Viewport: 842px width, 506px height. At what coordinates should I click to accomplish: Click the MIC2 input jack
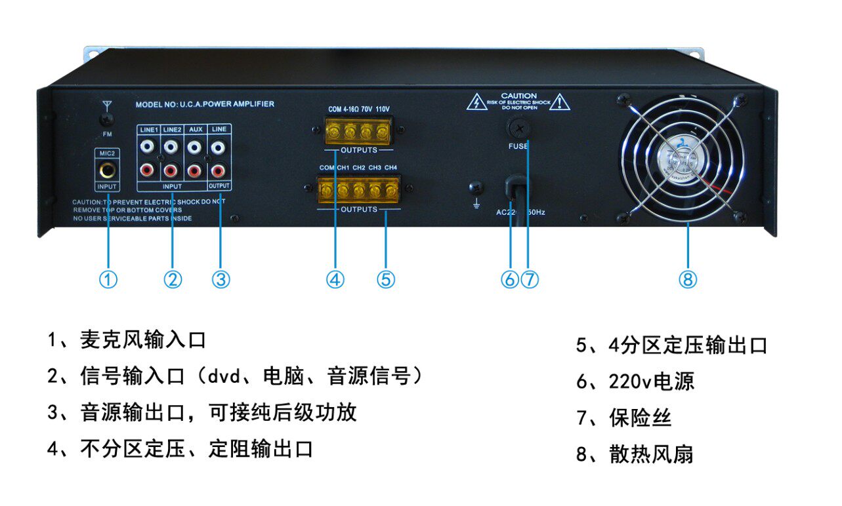pos(107,172)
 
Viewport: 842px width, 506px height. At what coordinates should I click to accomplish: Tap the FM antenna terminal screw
pos(108,119)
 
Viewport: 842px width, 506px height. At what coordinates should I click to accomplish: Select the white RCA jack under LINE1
pos(148,148)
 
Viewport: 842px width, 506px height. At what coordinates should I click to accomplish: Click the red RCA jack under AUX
pos(194,171)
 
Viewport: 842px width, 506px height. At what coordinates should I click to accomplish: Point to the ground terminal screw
pos(475,187)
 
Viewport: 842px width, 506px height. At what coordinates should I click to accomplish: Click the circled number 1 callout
pos(108,280)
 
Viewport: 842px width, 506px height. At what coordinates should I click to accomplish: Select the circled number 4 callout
pos(335,280)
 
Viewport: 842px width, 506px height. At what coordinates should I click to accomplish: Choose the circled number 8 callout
pos(687,280)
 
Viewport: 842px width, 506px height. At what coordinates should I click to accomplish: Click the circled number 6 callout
pos(509,280)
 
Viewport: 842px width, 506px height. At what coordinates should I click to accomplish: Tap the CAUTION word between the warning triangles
pos(518,96)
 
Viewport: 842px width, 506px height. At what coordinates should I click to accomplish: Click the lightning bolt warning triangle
pos(477,102)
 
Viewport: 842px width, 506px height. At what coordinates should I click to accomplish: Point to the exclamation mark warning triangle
pos(560,102)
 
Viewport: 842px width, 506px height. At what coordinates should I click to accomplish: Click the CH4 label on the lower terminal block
pos(390,168)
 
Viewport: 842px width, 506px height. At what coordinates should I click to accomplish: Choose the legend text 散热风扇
pos(650,454)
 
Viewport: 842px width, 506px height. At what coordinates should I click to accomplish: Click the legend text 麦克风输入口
pos(143,340)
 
